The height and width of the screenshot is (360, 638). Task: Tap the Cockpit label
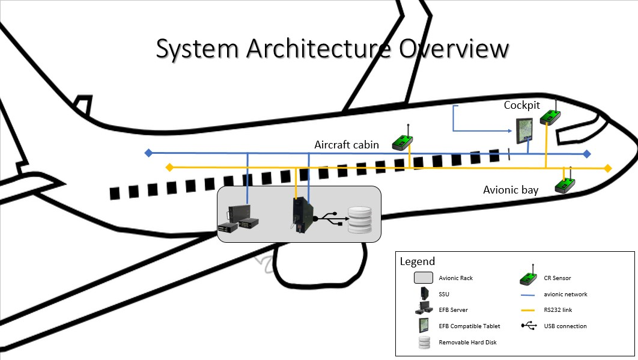[x=521, y=106]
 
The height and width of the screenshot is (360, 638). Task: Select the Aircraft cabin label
[x=347, y=145]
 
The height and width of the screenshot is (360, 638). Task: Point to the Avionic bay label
[x=511, y=190]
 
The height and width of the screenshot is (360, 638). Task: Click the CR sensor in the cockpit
[x=550, y=116]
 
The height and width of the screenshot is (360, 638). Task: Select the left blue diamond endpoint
[x=148, y=153]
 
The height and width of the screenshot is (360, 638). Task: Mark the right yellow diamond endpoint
[x=608, y=168]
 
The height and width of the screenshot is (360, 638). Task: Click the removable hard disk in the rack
[x=360, y=220]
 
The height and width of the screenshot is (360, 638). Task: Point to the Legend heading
[x=418, y=261]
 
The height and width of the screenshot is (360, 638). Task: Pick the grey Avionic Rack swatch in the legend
[x=425, y=278]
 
